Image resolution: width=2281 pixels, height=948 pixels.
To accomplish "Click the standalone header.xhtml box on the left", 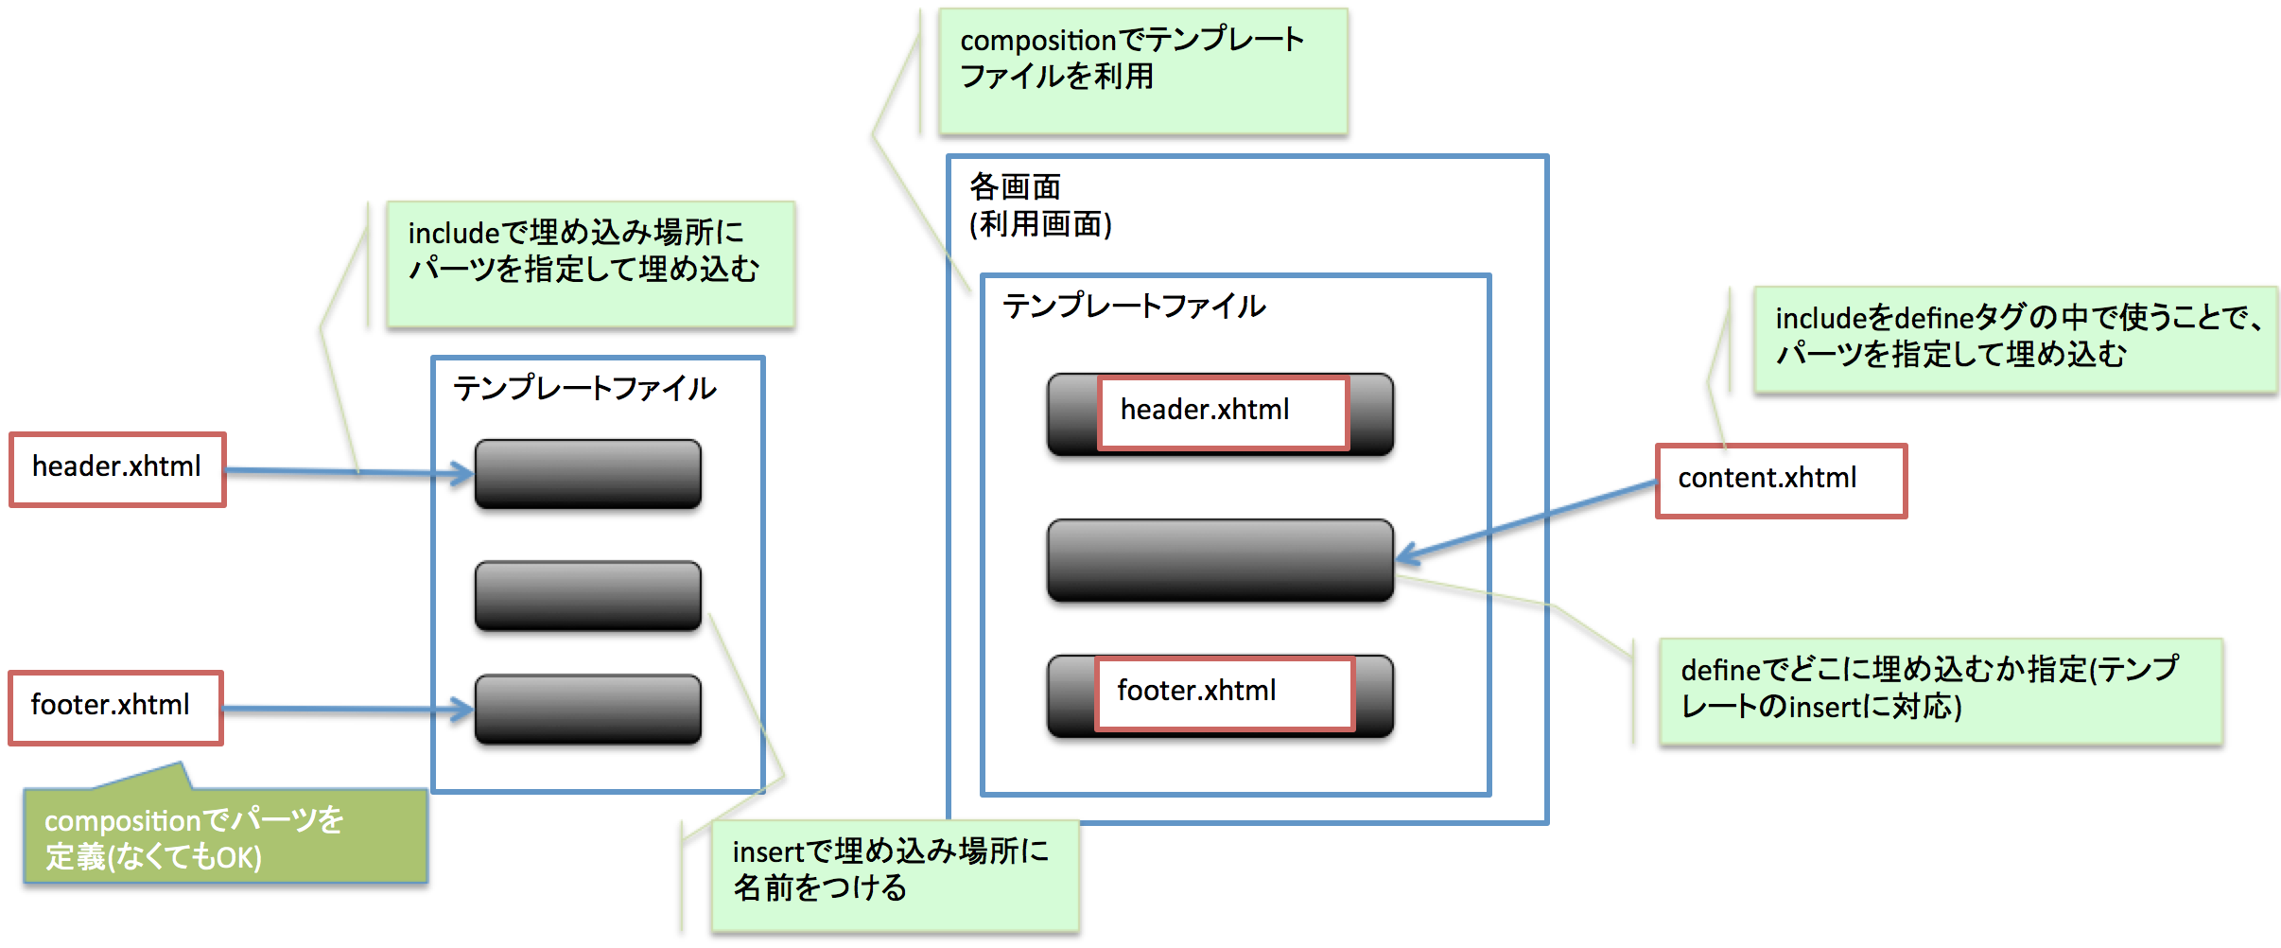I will [x=117, y=469].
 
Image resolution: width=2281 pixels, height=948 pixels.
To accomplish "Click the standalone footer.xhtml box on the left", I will [x=115, y=708].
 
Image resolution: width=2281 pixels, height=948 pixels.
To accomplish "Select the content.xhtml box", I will [x=1780, y=481].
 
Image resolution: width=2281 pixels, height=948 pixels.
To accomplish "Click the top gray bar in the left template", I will [x=587, y=474].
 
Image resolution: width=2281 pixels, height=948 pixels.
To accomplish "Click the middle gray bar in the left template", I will [x=587, y=595].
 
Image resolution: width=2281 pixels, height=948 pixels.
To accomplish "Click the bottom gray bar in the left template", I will [x=587, y=709].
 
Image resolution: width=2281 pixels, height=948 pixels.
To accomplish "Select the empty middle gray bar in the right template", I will [x=1219, y=560].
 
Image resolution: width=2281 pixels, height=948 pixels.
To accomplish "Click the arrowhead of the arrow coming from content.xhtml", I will [x=1405, y=555].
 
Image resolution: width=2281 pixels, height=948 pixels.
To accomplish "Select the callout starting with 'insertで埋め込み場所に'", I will [x=895, y=874].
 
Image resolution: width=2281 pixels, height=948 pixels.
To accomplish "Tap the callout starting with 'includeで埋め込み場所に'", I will [x=590, y=264].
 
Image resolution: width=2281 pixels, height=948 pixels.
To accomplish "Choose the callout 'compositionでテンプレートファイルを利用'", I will [x=1142, y=71].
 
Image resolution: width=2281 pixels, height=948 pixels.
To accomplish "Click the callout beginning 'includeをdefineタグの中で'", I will [x=2014, y=340].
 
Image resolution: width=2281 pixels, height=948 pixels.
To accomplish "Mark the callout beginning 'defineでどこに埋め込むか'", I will [x=1941, y=691].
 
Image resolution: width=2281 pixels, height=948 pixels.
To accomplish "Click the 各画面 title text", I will [x=1015, y=186].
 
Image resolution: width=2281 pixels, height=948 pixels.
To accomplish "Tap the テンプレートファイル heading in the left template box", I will [x=584, y=388].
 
